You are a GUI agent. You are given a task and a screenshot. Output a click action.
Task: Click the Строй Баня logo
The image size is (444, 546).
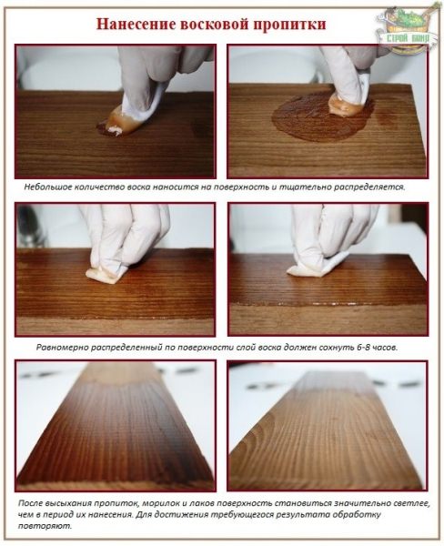408,29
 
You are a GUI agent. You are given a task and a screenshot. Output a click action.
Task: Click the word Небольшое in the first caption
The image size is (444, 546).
42,187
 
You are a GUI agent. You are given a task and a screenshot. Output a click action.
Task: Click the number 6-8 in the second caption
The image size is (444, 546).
362,348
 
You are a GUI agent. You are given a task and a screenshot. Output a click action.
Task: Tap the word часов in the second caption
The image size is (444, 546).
385,348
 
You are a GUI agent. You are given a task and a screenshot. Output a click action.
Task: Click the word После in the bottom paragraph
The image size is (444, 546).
28,503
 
